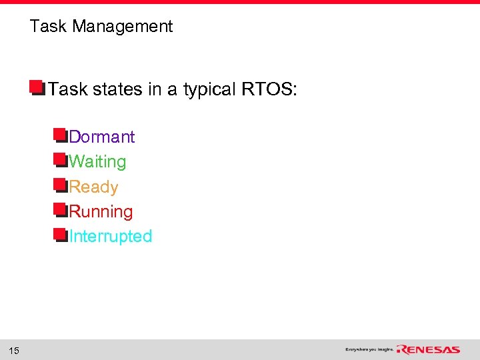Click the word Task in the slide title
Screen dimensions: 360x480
[x=49, y=27]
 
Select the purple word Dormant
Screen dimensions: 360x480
[x=101, y=137]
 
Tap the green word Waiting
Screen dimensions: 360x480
[x=97, y=161]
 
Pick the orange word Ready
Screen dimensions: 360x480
[x=93, y=187]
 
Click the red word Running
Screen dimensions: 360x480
[x=101, y=212]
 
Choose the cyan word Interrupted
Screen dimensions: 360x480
[x=110, y=237]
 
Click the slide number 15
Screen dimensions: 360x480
[x=14, y=351]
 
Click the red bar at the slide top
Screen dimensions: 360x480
[x=240, y=2]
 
